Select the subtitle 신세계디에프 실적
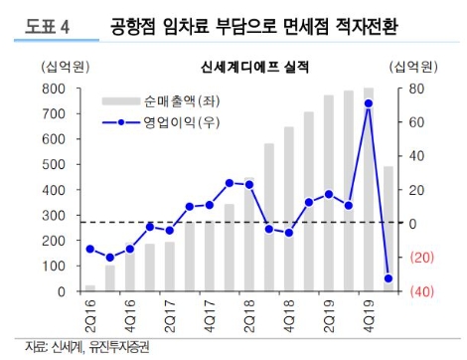pos(234,68)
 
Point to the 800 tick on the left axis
pos(55,89)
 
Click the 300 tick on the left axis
pos(55,216)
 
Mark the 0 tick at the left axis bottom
pos(64,292)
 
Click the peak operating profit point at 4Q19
pos(369,102)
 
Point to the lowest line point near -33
pos(389,279)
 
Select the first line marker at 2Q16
pos(90,249)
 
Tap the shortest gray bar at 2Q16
pos(90,288)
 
